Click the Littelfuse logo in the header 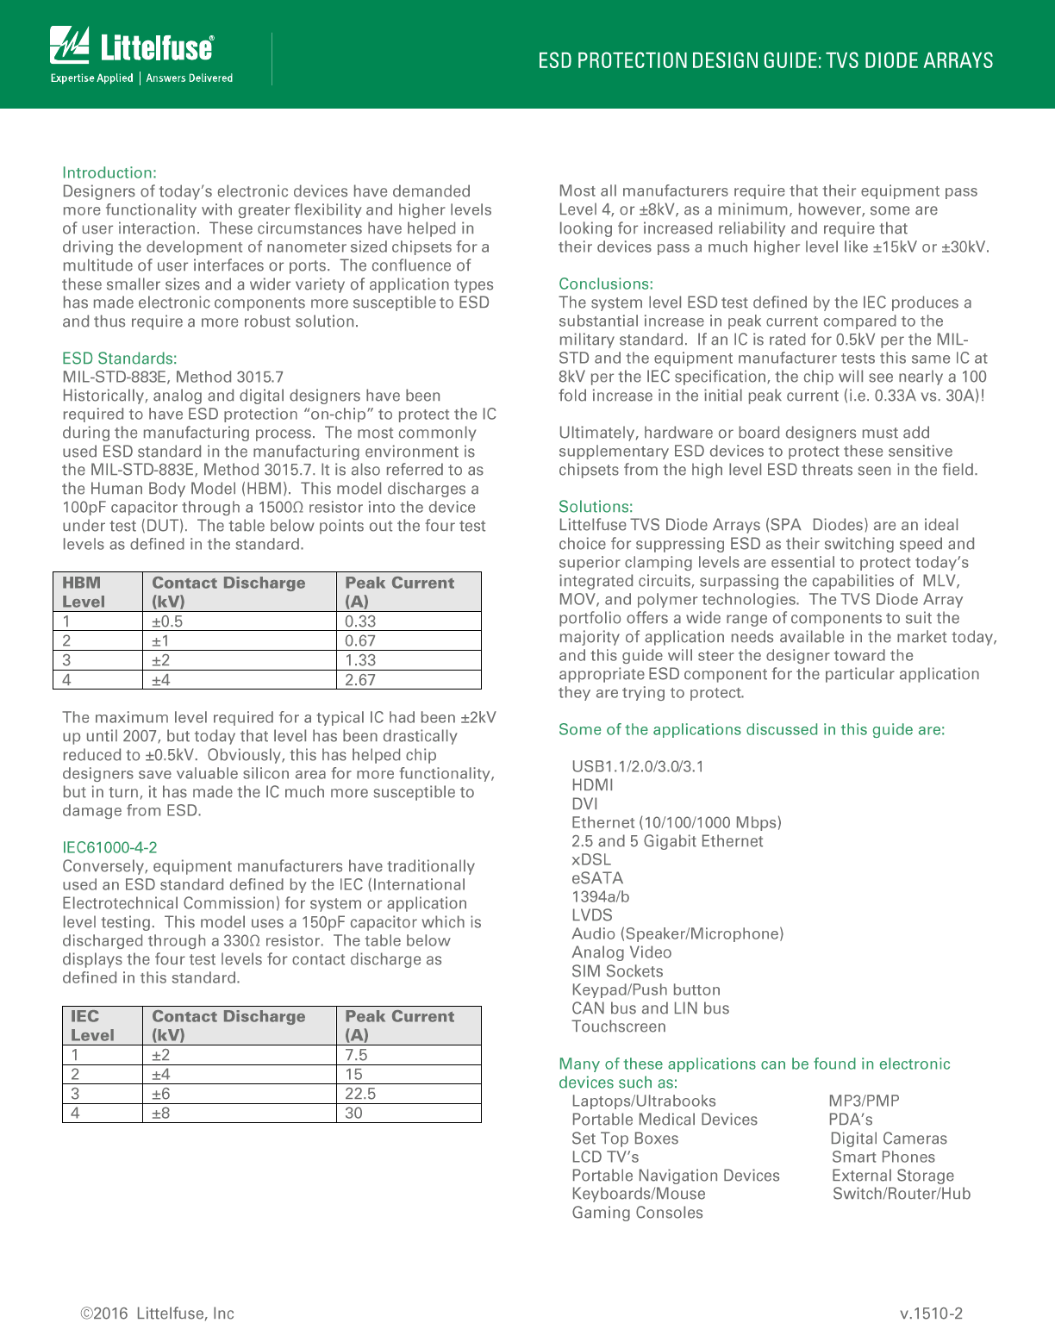pos(132,47)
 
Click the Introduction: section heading pos(109,172)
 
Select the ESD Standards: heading pos(120,359)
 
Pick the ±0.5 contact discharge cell pos(167,621)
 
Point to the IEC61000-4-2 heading pos(109,847)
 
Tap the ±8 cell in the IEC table pos(161,1113)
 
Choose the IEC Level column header pos(92,1026)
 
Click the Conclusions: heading pos(606,284)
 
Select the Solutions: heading pos(596,507)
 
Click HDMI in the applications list pos(593,785)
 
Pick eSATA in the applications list pos(597,878)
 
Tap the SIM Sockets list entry pos(617,971)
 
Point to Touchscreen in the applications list pos(619,1027)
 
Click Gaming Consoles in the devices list pos(638,1213)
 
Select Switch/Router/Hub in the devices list pos(902,1194)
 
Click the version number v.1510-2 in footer pos(931,1314)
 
